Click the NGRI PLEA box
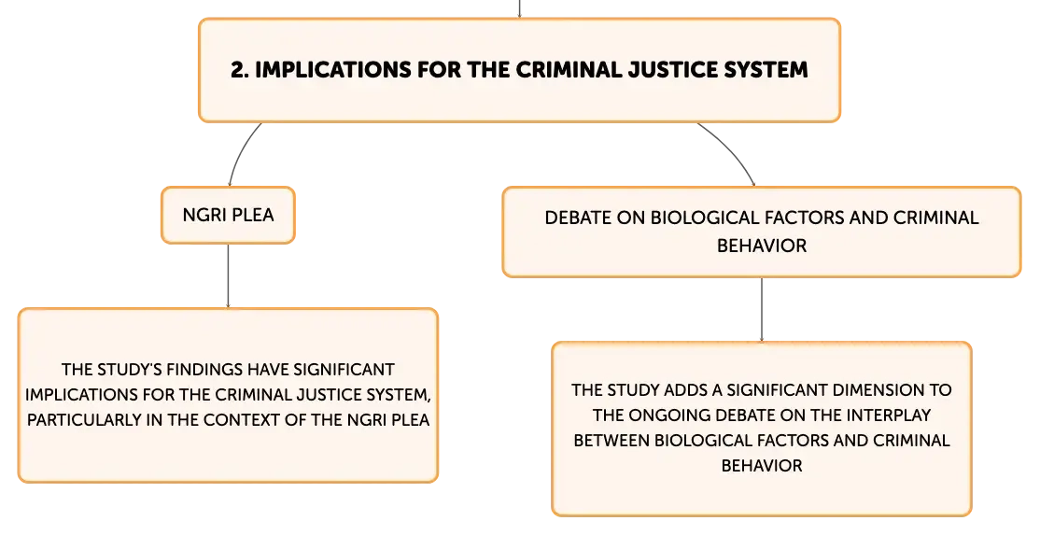pyautogui.click(x=228, y=215)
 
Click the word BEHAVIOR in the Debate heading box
pyautogui.click(x=762, y=246)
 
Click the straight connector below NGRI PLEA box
pyautogui.click(x=228, y=275)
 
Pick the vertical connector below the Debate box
pyautogui.click(x=762, y=309)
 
